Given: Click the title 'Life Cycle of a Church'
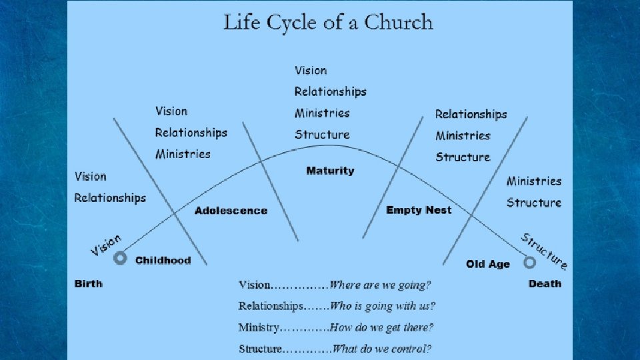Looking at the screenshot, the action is (328, 22).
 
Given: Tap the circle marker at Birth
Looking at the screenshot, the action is (120, 259).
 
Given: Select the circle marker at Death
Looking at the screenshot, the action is (529, 262).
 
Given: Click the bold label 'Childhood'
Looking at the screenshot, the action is (163, 260).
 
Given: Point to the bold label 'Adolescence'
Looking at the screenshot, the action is (231, 211).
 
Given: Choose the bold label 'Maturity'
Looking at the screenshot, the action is (330, 171).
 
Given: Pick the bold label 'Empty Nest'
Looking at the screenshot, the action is (419, 210).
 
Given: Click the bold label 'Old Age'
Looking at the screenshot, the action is (488, 264).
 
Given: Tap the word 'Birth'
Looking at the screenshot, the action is (89, 283).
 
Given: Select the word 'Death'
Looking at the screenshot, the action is (545, 283).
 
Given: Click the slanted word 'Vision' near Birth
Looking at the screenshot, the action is (107, 244).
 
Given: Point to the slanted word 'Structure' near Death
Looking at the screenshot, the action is (545, 251).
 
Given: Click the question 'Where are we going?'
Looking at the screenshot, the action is (381, 285).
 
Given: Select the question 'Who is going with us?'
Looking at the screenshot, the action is (383, 307).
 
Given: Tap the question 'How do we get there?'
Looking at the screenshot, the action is (382, 327).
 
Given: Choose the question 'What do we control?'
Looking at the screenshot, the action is (381, 348).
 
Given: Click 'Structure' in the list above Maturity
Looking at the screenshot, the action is (322, 134).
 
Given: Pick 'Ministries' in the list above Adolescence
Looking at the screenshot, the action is (183, 154).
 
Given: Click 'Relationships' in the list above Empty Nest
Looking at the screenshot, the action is (471, 114).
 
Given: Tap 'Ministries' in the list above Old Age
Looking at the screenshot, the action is (534, 181).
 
